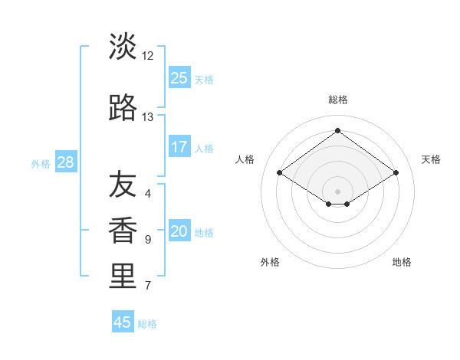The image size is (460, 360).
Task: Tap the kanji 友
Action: (x=123, y=185)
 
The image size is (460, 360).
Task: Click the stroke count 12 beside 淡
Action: (x=148, y=56)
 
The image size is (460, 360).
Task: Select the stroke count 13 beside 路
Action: (x=148, y=117)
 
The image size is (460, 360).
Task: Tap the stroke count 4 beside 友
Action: (x=148, y=194)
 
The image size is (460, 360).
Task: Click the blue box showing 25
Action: (x=179, y=77)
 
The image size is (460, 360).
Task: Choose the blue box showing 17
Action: (x=179, y=146)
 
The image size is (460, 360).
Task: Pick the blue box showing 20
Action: (x=179, y=231)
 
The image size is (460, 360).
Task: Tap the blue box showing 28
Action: (x=65, y=162)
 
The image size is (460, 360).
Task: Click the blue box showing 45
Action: (x=123, y=322)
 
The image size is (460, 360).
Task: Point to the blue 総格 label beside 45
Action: (x=147, y=324)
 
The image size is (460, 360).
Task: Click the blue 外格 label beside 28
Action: (x=41, y=163)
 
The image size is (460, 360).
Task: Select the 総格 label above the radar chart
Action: (x=337, y=100)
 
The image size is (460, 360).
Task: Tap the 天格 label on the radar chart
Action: (x=431, y=159)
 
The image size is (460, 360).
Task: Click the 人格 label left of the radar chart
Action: (x=245, y=159)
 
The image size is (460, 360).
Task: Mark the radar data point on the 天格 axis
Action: (x=396, y=173)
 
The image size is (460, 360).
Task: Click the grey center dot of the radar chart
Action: (x=337, y=189)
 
